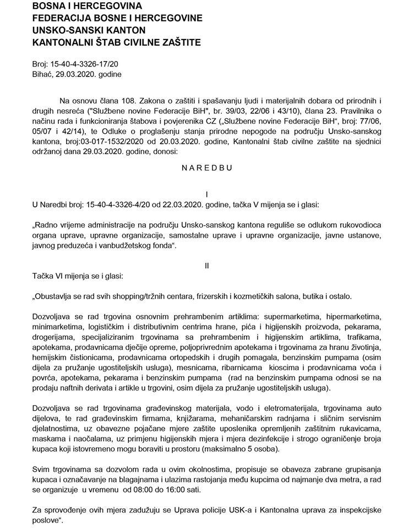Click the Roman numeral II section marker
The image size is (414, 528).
(207, 265)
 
